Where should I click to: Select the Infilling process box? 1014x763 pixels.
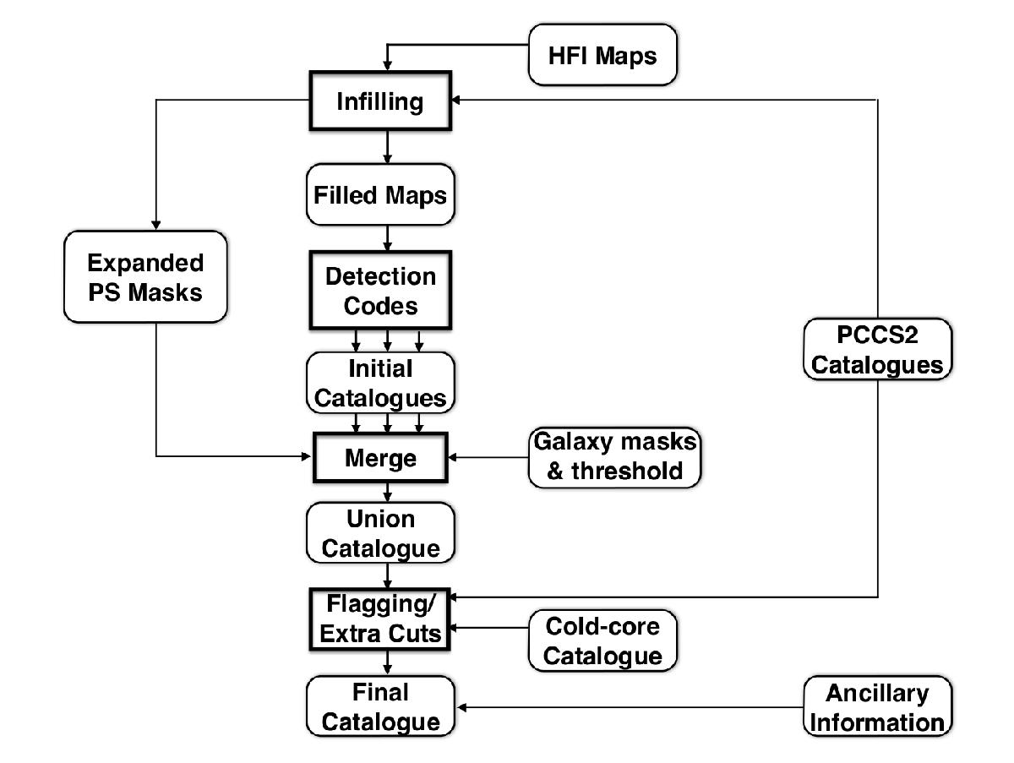point(379,102)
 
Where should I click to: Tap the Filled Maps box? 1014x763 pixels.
point(379,194)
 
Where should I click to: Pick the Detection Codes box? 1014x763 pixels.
point(379,290)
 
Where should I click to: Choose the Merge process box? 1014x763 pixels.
point(379,458)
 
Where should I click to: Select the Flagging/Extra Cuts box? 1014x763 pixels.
point(379,621)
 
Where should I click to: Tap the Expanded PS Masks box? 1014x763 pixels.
point(145,277)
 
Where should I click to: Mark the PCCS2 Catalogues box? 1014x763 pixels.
point(878,350)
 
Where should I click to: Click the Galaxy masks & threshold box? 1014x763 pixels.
point(614,457)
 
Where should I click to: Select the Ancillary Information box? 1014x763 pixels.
point(878,707)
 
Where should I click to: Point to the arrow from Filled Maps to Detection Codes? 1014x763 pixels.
point(387,237)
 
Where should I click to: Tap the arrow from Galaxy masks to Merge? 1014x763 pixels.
point(490,459)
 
